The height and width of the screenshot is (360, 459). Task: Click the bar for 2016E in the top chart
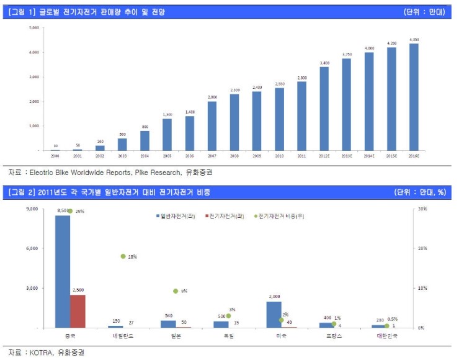pos(414,97)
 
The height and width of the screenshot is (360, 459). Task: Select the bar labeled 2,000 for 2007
pos(212,125)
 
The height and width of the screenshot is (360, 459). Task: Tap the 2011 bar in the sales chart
pos(301,116)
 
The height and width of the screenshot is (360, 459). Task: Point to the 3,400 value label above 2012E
pos(324,63)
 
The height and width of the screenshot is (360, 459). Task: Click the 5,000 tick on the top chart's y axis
pos(33,28)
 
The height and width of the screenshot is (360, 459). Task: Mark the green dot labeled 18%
pos(123,256)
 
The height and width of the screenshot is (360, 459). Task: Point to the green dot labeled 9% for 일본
pos(176,291)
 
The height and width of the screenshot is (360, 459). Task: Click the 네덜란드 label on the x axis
pos(123,335)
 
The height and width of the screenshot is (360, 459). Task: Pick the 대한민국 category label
pos(388,335)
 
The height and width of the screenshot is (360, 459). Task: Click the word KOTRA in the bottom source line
pos(40,352)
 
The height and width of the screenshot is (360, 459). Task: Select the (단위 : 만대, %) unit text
pos(420,192)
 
